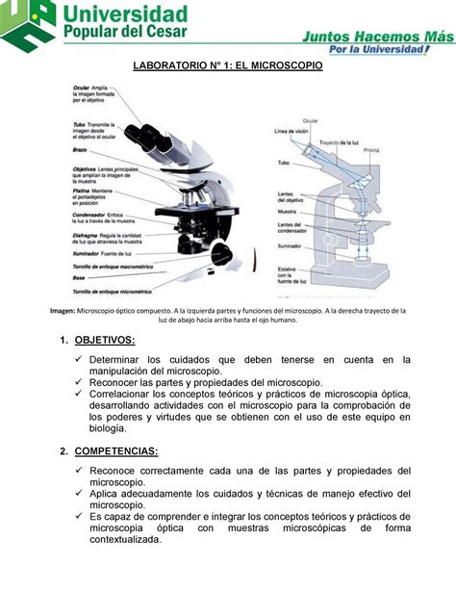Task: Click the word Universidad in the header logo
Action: pos(125,15)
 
